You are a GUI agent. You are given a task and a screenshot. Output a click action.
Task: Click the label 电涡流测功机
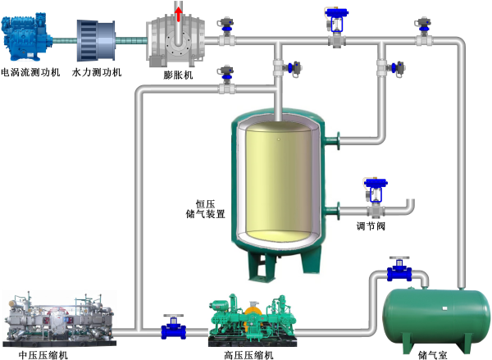pos(31,73)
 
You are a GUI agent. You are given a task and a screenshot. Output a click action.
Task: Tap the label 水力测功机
pos(97,73)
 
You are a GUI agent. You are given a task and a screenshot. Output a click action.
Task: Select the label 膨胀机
pos(178,75)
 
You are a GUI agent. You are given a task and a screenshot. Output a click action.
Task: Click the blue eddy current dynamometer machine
pos(30,38)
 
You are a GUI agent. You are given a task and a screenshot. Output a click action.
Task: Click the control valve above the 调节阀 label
pos(376,195)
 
